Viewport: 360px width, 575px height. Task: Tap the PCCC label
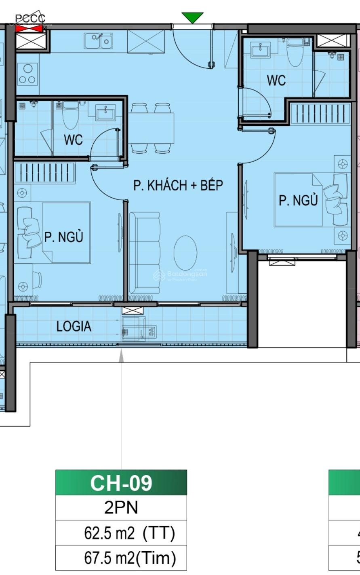click(x=30, y=19)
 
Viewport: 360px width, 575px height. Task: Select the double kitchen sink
click(x=99, y=41)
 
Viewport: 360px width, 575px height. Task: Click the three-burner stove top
click(x=27, y=74)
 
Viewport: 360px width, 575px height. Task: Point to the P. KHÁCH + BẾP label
click(x=178, y=185)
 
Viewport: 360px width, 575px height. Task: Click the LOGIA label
click(x=74, y=326)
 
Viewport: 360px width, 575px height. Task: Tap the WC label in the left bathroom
click(x=73, y=140)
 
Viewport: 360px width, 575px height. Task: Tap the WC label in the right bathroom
click(x=276, y=80)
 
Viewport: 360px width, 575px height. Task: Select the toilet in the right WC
click(x=294, y=53)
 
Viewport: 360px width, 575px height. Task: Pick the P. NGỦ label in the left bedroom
click(x=63, y=237)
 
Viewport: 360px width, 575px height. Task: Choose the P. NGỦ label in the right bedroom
click(x=298, y=200)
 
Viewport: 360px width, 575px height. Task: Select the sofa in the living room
click(x=144, y=253)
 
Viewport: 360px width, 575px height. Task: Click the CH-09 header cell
click(x=121, y=483)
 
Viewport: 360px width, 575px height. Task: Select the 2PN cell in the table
click(x=121, y=507)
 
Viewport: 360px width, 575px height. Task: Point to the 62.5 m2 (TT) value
click(x=129, y=533)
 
